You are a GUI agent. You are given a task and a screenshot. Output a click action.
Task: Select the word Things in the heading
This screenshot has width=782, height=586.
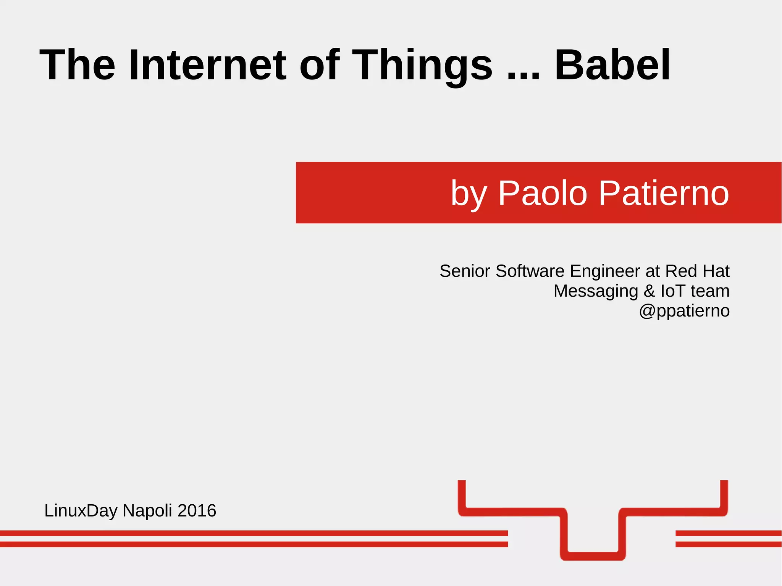tap(422, 66)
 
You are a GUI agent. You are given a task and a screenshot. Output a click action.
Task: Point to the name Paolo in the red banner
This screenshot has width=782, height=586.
tap(542, 193)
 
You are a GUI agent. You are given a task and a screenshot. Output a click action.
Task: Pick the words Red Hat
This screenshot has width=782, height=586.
tap(697, 271)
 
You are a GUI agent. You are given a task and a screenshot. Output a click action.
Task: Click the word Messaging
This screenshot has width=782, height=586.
tap(596, 292)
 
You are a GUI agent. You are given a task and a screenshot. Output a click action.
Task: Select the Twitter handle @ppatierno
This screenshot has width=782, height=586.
tap(684, 311)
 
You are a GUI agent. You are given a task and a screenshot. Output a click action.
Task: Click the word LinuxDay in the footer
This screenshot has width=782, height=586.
tap(81, 511)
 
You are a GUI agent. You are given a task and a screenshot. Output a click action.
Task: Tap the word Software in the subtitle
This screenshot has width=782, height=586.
tap(530, 271)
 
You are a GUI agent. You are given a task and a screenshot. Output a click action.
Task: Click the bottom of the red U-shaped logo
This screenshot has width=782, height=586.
tap(593, 556)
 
